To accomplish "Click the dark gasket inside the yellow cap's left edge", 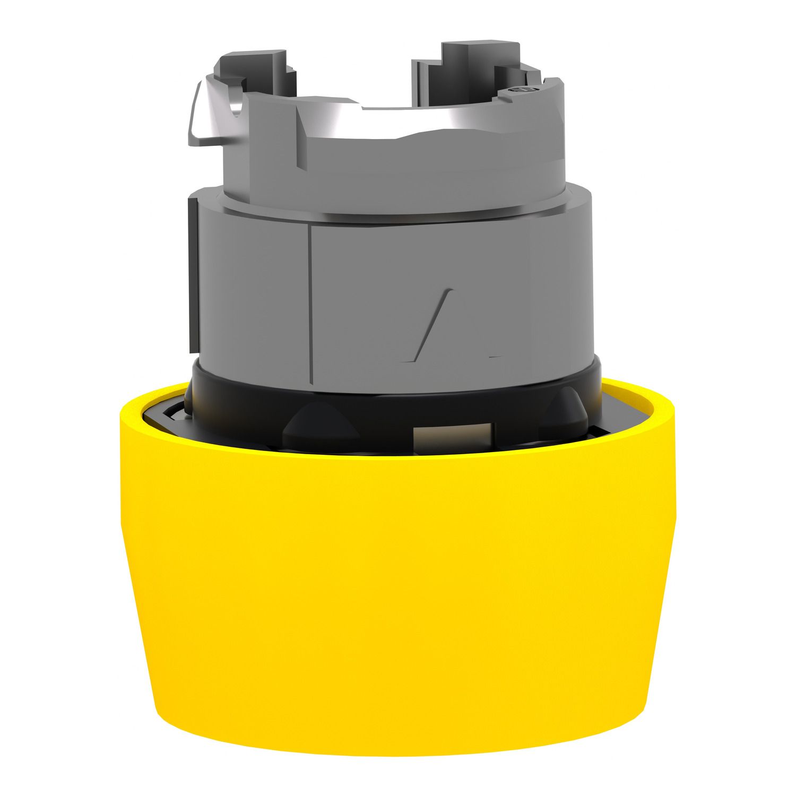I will [159, 419].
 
